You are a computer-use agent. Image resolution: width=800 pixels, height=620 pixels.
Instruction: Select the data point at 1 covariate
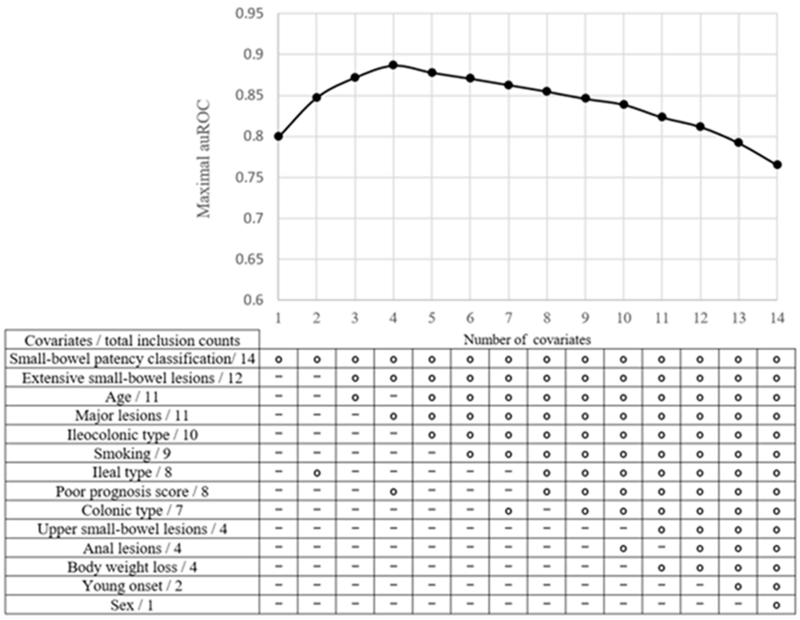tap(278, 136)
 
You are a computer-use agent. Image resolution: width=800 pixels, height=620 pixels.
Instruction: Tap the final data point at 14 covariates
tap(777, 165)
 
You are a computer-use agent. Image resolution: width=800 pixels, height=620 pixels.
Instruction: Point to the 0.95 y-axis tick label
tap(249, 14)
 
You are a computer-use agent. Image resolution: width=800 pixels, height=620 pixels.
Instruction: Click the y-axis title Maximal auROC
tap(204, 159)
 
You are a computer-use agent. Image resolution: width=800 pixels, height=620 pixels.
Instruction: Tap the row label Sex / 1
tap(132, 605)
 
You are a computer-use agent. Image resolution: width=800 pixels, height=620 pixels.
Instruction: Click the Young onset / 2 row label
tap(132, 586)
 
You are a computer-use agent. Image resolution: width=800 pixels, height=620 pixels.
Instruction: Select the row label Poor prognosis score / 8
tap(132, 492)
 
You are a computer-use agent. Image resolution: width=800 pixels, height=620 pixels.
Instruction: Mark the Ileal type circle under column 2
tap(317, 473)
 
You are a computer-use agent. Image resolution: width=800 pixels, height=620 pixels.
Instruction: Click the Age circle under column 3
tap(355, 397)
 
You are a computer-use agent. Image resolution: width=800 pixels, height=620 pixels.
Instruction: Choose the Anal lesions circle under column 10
tap(623, 549)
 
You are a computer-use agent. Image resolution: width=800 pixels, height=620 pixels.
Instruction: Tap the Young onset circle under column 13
tap(738, 586)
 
